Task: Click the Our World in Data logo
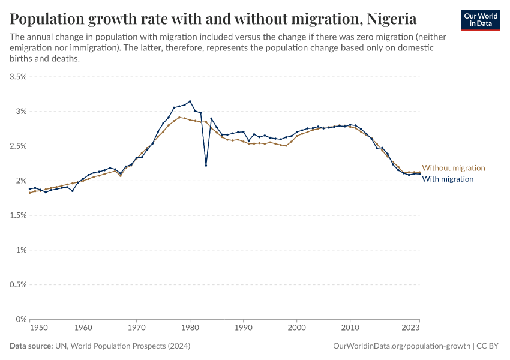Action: [481, 20]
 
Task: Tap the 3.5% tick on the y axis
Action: [18, 77]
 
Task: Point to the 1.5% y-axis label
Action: [18, 215]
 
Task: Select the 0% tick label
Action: [21, 319]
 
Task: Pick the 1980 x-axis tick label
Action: [190, 328]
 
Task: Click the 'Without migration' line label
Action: [454, 168]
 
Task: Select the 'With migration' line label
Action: [448, 179]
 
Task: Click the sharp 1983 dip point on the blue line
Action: [206, 165]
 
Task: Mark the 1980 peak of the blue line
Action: [190, 101]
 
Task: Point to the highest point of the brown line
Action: [179, 118]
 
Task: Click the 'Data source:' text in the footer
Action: [31, 346]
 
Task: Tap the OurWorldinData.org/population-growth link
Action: [401, 346]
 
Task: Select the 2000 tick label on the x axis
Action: [296, 328]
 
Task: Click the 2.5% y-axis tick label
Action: [18, 146]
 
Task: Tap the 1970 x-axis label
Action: [136, 328]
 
